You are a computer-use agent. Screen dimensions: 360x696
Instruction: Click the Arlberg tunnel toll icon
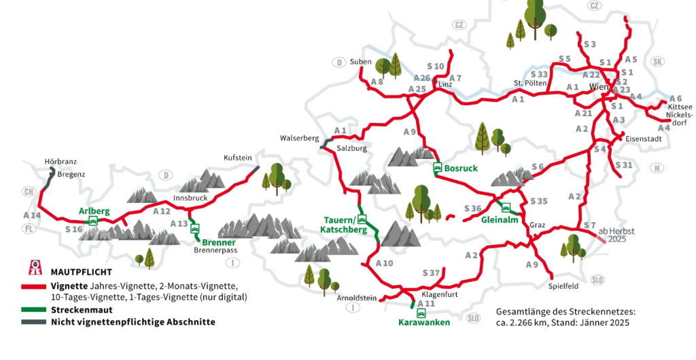[92, 221]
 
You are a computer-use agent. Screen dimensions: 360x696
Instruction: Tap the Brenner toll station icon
[195, 229]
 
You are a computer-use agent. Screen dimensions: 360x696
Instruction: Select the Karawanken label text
[423, 323]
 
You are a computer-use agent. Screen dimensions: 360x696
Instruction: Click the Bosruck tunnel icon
[438, 168]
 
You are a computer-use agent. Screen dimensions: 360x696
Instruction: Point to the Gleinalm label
[500, 220]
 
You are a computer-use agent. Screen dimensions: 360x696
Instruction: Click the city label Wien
[599, 88]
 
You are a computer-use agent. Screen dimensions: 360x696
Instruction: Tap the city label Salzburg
[351, 148]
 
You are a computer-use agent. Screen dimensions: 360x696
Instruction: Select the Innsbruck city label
[190, 198]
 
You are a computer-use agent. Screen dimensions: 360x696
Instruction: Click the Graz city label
[538, 225]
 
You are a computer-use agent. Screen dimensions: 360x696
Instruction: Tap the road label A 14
[32, 215]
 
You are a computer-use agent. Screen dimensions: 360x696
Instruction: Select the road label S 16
[73, 230]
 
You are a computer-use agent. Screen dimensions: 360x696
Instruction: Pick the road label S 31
[623, 165]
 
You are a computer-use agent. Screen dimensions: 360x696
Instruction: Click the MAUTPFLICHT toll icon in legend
[30, 269]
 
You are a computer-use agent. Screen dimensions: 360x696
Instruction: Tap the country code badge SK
[657, 62]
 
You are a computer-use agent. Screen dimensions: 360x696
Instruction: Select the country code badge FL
[28, 229]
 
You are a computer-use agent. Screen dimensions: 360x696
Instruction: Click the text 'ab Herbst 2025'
[616, 235]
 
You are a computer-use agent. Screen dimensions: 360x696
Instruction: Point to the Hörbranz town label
[60, 162]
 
